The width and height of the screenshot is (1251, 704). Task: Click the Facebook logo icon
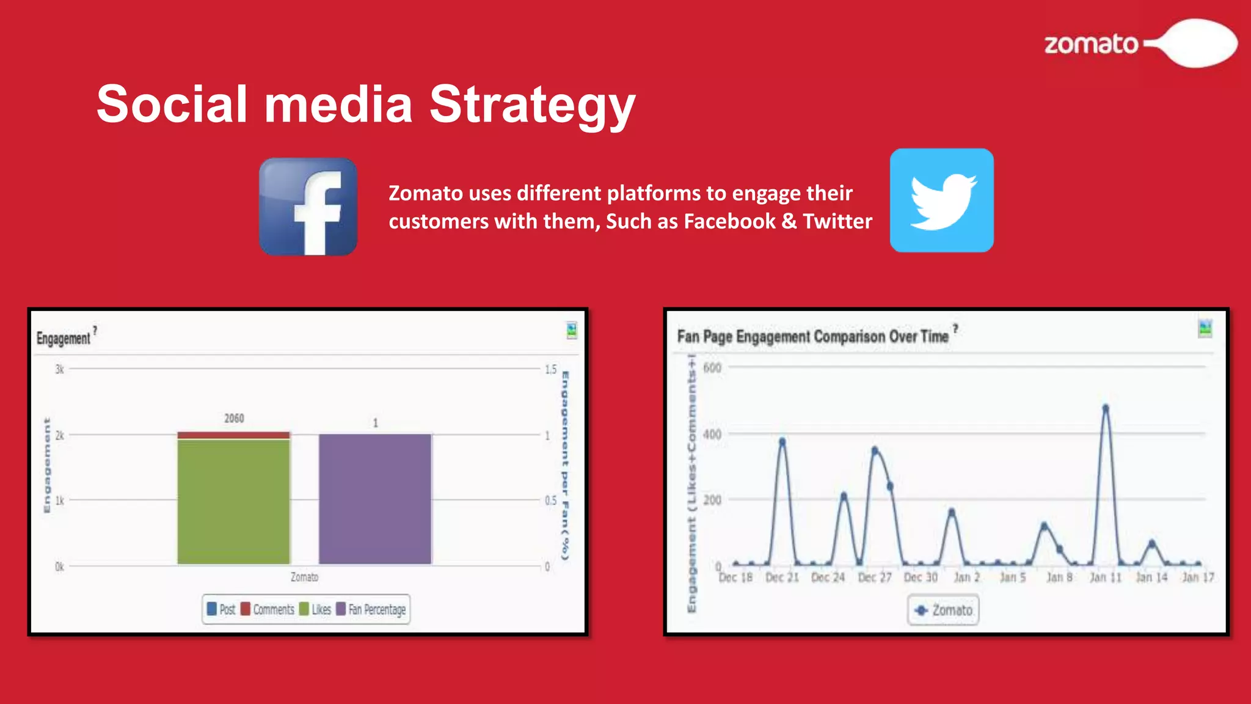point(308,207)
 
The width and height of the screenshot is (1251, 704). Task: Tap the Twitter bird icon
point(941,200)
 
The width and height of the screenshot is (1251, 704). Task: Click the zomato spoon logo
point(1140,43)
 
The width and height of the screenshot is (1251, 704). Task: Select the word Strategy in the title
point(532,105)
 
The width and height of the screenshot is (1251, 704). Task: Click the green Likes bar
point(233,501)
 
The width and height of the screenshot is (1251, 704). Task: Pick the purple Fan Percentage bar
point(375,499)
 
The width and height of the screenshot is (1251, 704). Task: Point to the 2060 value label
point(234,419)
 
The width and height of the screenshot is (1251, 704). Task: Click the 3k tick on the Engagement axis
point(59,369)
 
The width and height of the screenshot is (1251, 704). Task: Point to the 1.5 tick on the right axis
point(550,369)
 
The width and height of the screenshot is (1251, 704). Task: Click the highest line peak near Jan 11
point(1105,408)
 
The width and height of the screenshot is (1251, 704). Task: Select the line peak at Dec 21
point(782,441)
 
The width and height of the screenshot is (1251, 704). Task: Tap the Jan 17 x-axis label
point(1197,577)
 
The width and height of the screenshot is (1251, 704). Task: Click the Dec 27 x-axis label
point(874,577)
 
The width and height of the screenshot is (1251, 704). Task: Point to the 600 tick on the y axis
point(712,368)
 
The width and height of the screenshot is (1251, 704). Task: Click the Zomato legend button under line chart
point(943,610)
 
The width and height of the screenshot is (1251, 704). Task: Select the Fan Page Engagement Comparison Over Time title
point(812,337)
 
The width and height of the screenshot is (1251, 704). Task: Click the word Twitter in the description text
point(837,221)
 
